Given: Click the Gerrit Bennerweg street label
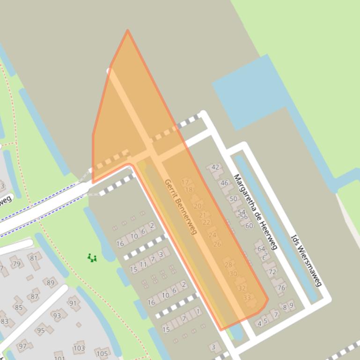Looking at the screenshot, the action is click(x=180, y=207).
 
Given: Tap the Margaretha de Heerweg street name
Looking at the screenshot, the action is click(x=256, y=212).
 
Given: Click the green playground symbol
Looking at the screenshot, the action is click(x=92, y=258).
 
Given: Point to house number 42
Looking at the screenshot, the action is click(x=215, y=167).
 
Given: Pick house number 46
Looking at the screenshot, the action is click(x=224, y=183).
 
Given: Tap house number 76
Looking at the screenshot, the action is click(x=281, y=288).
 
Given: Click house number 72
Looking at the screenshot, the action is click(x=272, y=272).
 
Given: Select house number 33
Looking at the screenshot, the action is click(x=247, y=297).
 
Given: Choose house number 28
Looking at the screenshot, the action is click(x=228, y=265).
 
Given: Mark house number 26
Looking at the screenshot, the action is click(x=217, y=244).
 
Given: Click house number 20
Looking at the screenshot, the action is click(x=197, y=206).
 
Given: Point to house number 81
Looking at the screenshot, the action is click(x=33, y=258).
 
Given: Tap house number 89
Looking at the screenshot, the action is click(x=50, y=282).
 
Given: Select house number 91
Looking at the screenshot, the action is click(x=73, y=303).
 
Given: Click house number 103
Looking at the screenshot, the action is click(x=79, y=348).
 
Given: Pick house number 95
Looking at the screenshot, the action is click(x=41, y=330).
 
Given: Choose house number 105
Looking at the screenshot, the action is click(x=102, y=353).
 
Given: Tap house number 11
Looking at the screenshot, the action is click(x=143, y=265).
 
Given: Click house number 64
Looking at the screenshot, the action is click(x=261, y=249).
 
